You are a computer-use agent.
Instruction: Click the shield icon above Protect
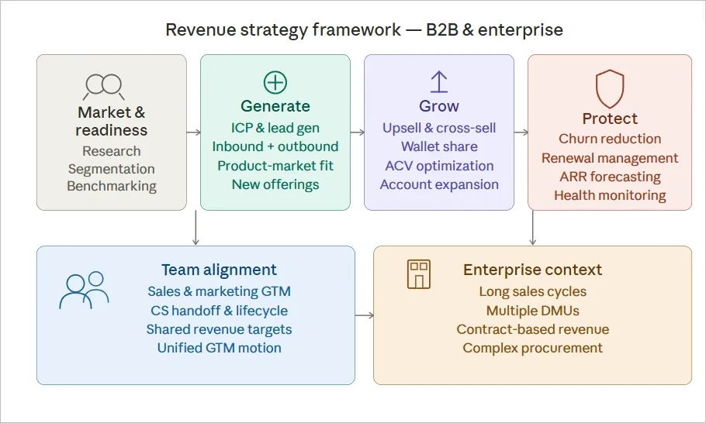tap(609, 88)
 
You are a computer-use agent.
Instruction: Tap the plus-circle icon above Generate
tap(275, 82)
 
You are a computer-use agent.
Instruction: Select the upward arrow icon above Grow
tap(439, 82)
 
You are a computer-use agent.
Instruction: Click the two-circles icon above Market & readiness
tap(104, 84)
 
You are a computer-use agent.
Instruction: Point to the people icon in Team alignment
tap(84, 290)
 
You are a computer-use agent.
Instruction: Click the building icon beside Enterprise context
tap(418, 274)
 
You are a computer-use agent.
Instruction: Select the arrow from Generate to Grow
tap(357, 132)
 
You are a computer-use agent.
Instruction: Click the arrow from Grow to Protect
tap(521, 132)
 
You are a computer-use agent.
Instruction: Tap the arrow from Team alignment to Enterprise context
tap(364, 315)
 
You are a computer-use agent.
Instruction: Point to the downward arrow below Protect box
tap(532, 228)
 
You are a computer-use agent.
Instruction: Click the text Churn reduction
tap(610, 139)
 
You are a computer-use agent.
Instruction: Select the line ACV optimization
tap(439, 166)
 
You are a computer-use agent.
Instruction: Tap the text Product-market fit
tap(275, 166)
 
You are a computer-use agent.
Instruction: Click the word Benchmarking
tap(112, 186)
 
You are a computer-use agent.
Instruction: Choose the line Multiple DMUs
tap(532, 311)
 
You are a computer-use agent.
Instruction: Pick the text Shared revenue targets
tap(219, 329)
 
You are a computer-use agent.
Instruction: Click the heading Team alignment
tap(219, 270)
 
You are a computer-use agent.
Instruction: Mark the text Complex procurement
tap(532, 348)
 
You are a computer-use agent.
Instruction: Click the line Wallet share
tap(439, 146)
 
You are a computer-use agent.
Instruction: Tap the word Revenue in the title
tap(198, 30)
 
